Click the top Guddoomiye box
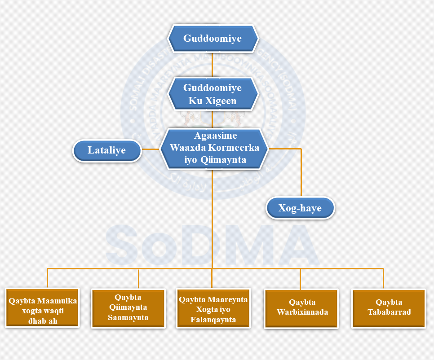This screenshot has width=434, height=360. tap(213, 39)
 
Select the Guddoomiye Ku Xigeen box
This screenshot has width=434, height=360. tap(213, 94)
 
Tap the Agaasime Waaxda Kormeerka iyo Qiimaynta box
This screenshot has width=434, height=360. tap(213, 148)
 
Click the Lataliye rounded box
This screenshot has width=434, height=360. tap(107, 151)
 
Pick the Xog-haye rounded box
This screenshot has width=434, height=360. tap(300, 208)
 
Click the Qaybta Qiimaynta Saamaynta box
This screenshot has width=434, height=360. tap(128, 308)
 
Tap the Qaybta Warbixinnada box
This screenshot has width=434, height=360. tap(302, 308)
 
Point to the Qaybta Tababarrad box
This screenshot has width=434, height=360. tap(389, 307)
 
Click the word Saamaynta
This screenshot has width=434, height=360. tap(128, 318)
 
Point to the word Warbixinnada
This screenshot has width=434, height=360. tap(302, 312)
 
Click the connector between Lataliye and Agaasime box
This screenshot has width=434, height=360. tap(151, 149)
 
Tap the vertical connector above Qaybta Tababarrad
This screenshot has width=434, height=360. tap(383, 278)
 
